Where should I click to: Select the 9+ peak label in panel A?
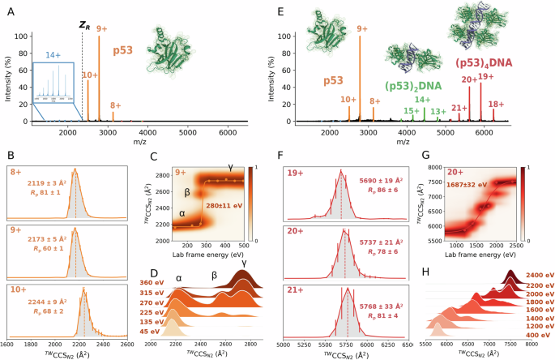click(x=102, y=29)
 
